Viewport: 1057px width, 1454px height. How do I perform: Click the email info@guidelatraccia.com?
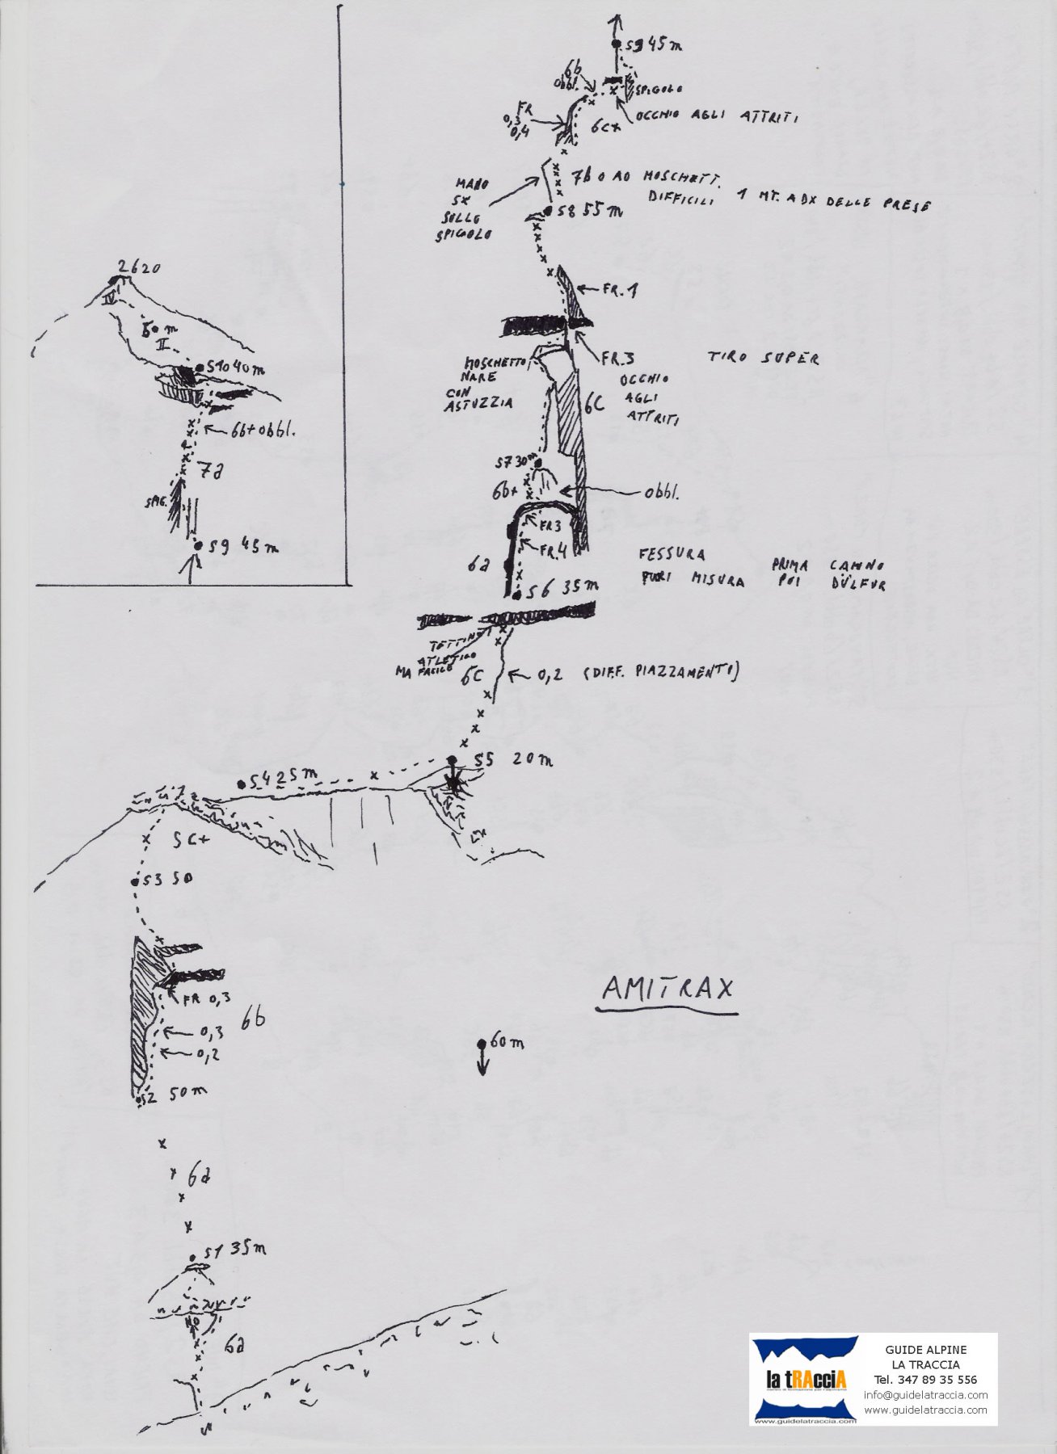click(x=925, y=1395)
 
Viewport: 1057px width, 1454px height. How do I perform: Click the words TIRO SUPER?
click(x=764, y=357)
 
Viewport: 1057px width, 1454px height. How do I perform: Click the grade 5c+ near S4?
click(x=191, y=840)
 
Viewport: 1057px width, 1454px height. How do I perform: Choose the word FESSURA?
click(x=671, y=554)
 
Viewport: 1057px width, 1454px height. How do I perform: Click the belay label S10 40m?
click(x=235, y=369)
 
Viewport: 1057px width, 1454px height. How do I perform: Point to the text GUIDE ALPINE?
click(x=925, y=1349)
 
